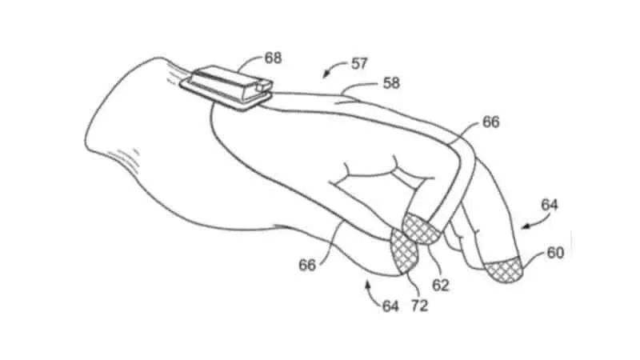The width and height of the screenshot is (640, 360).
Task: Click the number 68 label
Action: click(x=273, y=58)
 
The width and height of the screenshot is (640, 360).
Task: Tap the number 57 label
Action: click(x=358, y=64)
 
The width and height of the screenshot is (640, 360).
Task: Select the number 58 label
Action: click(x=391, y=83)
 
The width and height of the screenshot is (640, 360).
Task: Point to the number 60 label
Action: click(x=555, y=253)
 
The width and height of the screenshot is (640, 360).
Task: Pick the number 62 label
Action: click(x=441, y=285)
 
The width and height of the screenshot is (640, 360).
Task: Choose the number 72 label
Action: click(x=419, y=306)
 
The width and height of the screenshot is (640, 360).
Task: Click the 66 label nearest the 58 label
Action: click(x=490, y=122)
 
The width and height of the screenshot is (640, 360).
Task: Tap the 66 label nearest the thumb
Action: click(x=307, y=266)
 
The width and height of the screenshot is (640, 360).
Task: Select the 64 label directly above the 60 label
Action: click(x=550, y=205)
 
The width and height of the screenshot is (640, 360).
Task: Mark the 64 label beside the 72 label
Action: click(x=390, y=306)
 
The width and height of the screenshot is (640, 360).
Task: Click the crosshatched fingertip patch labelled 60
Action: click(x=505, y=269)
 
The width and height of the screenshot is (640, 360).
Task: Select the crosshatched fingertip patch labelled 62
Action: click(x=422, y=229)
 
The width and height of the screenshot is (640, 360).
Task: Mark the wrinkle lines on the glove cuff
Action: click(x=124, y=158)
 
